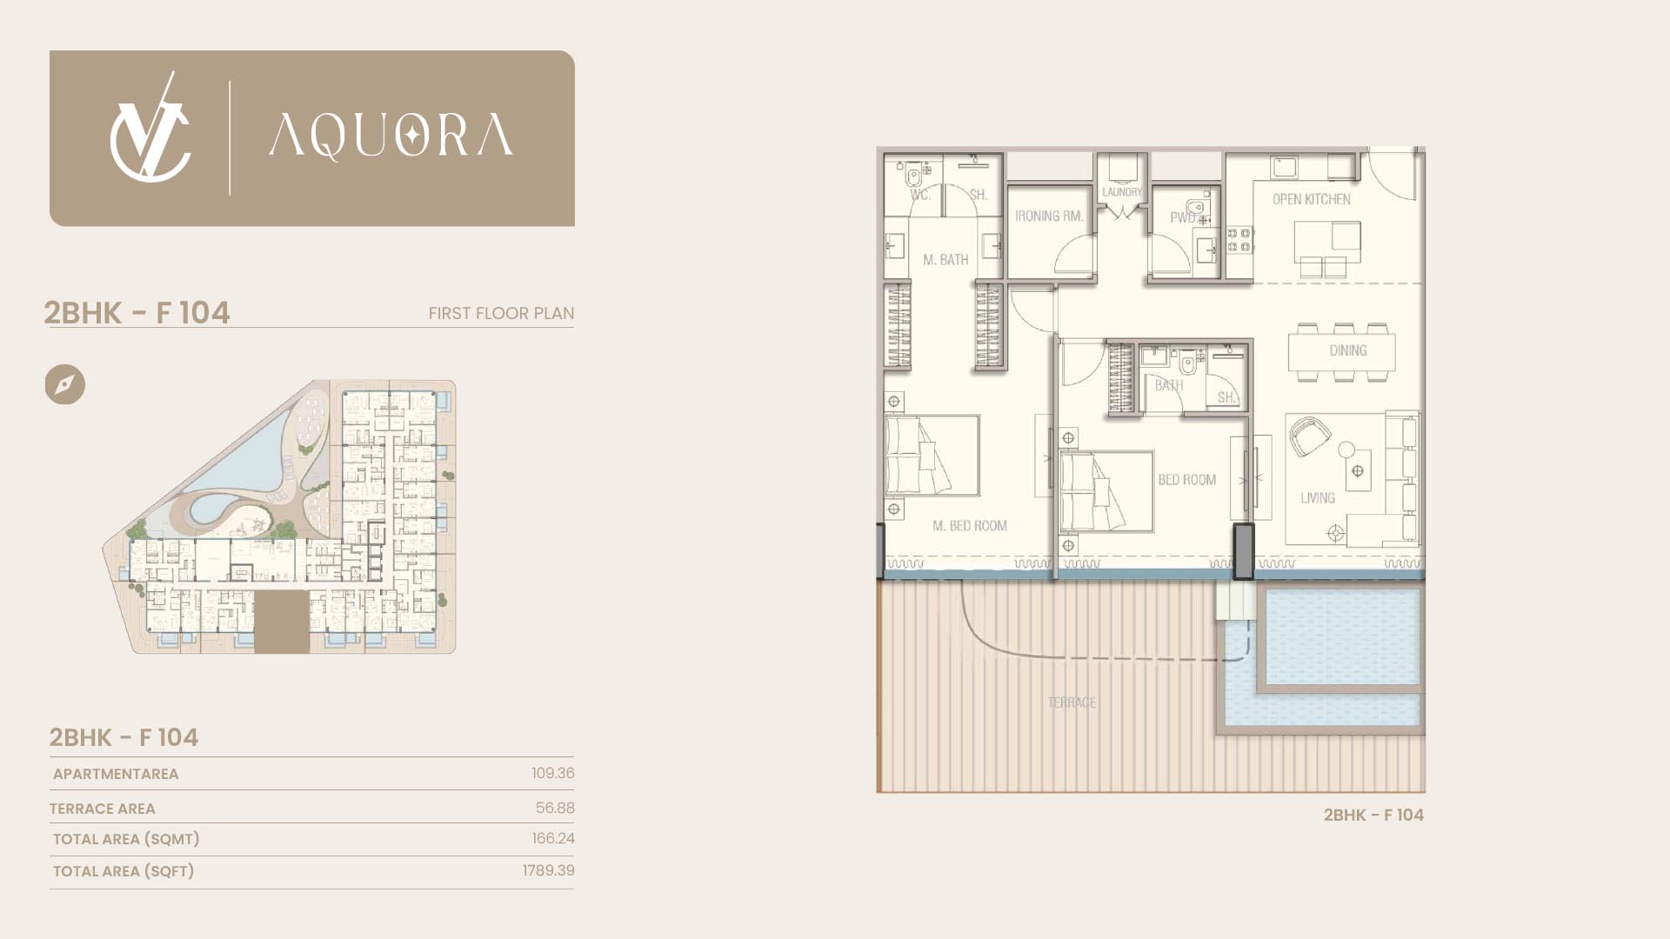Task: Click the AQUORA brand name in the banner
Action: [x=391, y=137]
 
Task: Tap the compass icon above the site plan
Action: [x=65, y=384]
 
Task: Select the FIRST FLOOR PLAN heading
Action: [x=501, y=313]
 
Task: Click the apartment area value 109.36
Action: [x=553, y=773]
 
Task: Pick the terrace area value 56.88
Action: [x=555, y=808]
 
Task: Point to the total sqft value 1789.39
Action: [x=549, y=870]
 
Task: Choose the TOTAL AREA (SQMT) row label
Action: [x=126, y=839]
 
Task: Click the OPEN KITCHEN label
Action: [x=1312, y=199]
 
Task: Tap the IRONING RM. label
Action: [x=1049, y=216]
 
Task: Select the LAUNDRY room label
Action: [x=1122, y=192]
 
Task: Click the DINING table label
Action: [x=1347, y=350]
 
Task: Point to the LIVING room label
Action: [x=1318, y=498]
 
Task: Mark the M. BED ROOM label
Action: [x=970, y=526]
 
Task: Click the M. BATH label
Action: [x=945, y=259]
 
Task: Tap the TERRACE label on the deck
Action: [x=1072, y=703]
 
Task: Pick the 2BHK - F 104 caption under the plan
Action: [x=1373, y=815]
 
